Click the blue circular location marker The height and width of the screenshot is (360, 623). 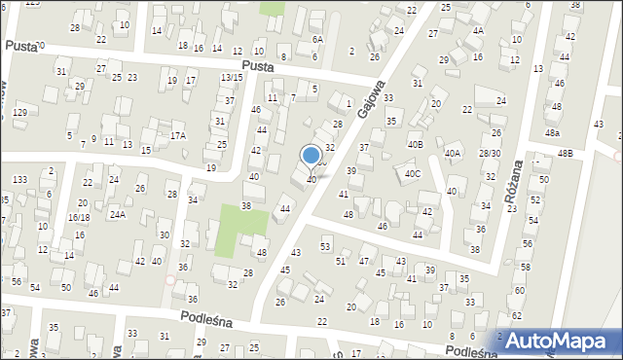311,155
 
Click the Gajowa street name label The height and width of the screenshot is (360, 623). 372,96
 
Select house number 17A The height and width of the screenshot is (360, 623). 177,136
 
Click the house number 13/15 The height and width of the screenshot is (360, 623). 232,77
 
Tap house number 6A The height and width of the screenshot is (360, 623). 316,39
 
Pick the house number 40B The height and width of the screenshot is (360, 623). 416,145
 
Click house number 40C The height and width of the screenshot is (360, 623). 413,174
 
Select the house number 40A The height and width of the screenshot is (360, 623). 453,154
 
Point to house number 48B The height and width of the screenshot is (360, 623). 566,154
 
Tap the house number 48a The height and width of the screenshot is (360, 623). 552,132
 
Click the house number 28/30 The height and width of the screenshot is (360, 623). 490,154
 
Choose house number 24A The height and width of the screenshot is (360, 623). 117,214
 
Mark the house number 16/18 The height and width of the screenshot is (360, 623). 79,218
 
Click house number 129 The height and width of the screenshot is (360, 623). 19,114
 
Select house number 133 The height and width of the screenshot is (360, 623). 19,180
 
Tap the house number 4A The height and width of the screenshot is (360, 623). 477,30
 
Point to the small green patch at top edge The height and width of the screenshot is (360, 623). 273,8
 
